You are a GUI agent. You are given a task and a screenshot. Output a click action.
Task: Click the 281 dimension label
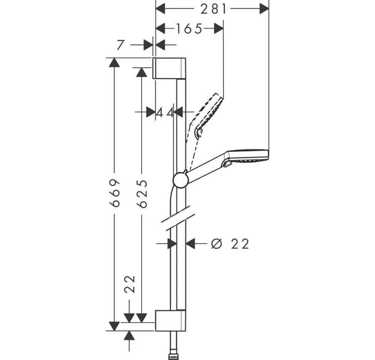(x=213, y=9)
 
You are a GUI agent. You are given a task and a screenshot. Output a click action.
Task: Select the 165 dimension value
(x=189, y=29)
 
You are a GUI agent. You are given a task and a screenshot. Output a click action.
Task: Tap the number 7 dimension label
(x=121, y=45)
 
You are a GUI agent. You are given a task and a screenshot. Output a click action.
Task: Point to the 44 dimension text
(x=165, y=112)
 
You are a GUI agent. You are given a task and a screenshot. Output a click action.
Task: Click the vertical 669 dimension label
(x=114, y=193)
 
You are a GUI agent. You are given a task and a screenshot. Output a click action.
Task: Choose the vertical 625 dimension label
(x=142, y=194)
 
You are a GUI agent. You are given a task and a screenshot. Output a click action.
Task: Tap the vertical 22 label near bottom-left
(x=130, y=284)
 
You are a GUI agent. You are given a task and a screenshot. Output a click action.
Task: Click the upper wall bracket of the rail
(x=169, y=68)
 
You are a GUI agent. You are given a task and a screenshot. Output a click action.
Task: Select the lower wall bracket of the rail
(x=171, y=321)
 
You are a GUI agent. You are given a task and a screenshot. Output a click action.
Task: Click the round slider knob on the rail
(x=181, y=180)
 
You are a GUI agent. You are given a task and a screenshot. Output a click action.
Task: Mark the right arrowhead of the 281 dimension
(x=264, y=9)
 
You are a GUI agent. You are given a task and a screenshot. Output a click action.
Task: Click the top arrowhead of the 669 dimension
(x=114, y=62)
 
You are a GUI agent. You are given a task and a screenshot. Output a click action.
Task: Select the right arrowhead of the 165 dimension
(x=219, y=28)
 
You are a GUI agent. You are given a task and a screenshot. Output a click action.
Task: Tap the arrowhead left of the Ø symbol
(x=190, y=243)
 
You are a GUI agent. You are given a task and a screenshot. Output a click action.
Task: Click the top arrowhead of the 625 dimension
(x=142, y=72)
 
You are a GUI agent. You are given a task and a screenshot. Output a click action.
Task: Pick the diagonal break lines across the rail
(x=178, y=218)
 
